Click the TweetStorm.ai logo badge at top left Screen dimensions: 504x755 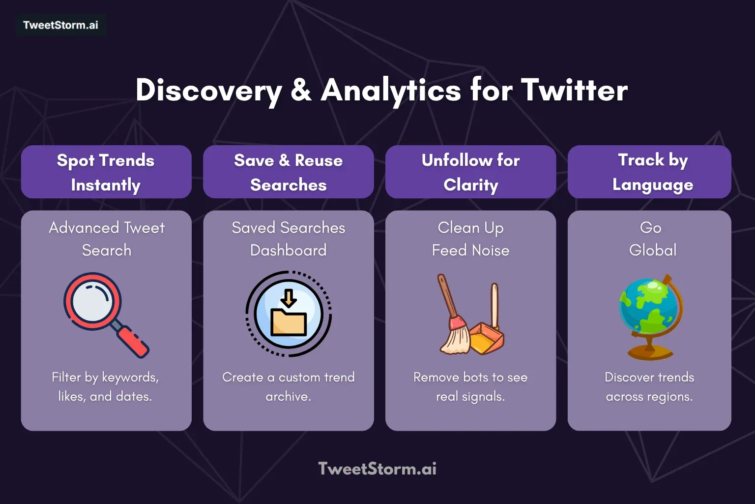tap(60, 25)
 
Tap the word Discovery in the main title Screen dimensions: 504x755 tap(208, 91)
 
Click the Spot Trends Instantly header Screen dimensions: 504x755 tap(106, 172)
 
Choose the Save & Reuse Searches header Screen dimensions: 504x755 tap(288, 172)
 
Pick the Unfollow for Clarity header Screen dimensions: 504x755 tap(470, 172)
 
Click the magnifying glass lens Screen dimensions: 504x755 tap(92, 301)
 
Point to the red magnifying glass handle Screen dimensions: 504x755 tap(133, 341)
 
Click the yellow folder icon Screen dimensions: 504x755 tap(289, 322)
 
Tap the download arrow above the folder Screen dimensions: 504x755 tap(289, 297)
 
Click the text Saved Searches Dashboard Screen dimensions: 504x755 tap(288, 239)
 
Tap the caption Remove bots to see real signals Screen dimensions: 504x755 tap(470, 386)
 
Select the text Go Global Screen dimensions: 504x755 tap(652, 239)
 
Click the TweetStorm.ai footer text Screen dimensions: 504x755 tap(377, 469)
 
